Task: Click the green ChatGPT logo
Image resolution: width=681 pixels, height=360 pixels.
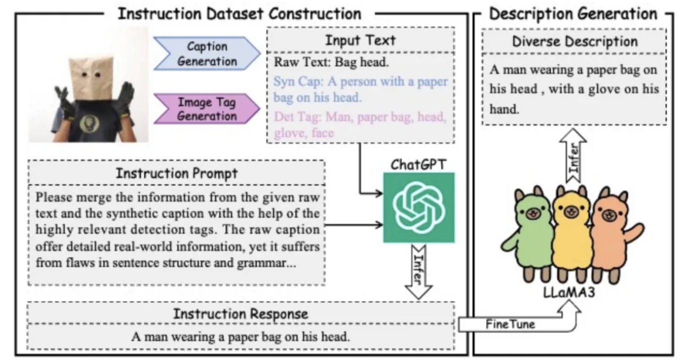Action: point(419,207)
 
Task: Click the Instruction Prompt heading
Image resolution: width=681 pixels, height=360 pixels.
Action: point(176,173)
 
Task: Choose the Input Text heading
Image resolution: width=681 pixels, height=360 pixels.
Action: point(360,40)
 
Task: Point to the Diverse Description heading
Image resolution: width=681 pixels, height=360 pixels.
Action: point(574,41)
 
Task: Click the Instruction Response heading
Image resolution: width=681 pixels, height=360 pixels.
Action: point(240,314)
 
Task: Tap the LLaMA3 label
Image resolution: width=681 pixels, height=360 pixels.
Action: point(569,292)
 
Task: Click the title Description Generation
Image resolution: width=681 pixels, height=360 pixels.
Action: point(573,13)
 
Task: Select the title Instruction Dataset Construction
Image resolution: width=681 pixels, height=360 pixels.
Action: point(239,13)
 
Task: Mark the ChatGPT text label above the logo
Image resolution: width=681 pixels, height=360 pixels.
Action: point(419,164)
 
